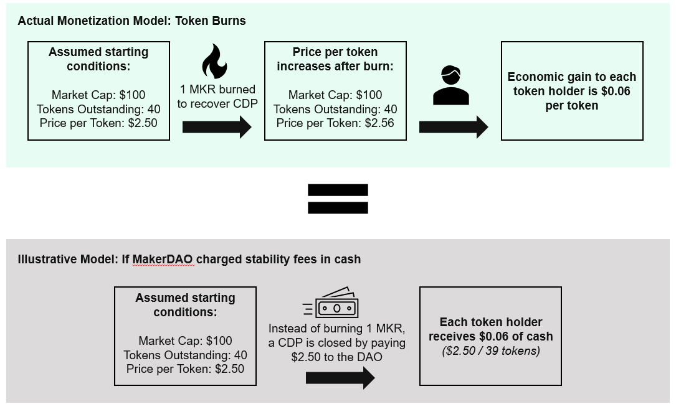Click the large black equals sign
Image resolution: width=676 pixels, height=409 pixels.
[338, 199]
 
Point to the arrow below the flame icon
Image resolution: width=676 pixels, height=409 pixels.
[216, 128]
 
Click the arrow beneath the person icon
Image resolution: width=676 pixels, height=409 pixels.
[453, 128]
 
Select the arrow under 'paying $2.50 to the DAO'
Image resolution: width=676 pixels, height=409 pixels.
[340, 378]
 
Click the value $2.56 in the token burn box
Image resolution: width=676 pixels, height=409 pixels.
[379, 123]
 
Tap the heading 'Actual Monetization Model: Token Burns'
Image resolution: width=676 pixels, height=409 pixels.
[132, 21]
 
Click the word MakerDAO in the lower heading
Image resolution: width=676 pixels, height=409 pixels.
[163, 259]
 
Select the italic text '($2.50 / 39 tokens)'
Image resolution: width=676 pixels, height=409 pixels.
[490, 351]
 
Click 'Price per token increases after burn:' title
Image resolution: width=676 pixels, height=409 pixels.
[335, 59]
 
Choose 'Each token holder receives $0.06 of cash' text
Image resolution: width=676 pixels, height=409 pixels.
[490, 329]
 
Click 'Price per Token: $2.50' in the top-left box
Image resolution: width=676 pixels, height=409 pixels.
[98, 123]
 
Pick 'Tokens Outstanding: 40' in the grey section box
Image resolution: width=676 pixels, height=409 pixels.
[185, 355]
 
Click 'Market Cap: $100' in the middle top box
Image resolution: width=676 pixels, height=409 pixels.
[335, 95]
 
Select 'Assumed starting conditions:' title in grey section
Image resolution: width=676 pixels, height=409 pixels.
[185, 304]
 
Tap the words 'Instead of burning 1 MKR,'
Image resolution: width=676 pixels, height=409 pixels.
[337, 329]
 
